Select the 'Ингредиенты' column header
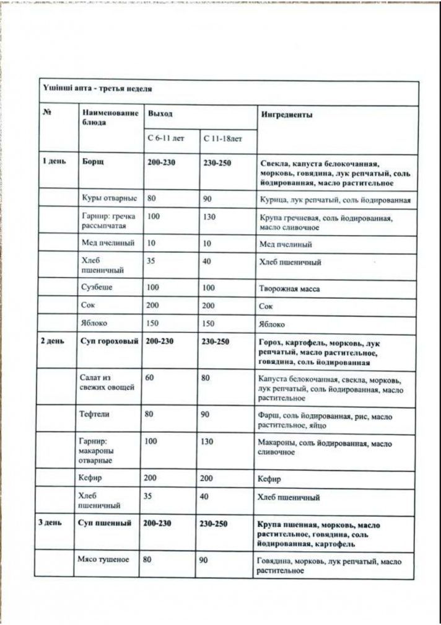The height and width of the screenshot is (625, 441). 287,115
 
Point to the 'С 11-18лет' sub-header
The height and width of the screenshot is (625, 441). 222,138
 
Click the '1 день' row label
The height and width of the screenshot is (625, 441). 53,162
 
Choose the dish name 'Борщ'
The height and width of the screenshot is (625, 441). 93,162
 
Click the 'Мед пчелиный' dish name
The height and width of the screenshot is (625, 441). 108,243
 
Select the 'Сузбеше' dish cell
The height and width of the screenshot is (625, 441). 97,288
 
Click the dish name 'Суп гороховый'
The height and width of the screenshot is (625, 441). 109,342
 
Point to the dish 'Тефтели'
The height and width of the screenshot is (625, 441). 95,413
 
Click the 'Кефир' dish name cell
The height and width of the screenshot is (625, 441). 90,479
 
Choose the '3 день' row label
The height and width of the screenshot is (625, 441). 51,523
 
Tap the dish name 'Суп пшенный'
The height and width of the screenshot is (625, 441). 105,523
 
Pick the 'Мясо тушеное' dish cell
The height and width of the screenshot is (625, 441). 103,559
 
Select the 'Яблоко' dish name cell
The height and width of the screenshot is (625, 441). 94,323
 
